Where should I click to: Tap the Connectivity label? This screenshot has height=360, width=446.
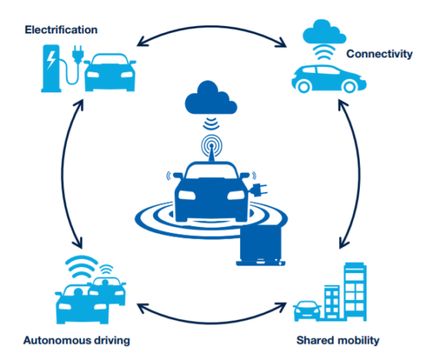pos(379,54)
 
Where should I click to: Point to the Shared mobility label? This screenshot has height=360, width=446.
pos(337,340)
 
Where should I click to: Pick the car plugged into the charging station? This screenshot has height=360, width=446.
pos(110,74)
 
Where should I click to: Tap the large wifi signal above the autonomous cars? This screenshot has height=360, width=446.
pos(81,266)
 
